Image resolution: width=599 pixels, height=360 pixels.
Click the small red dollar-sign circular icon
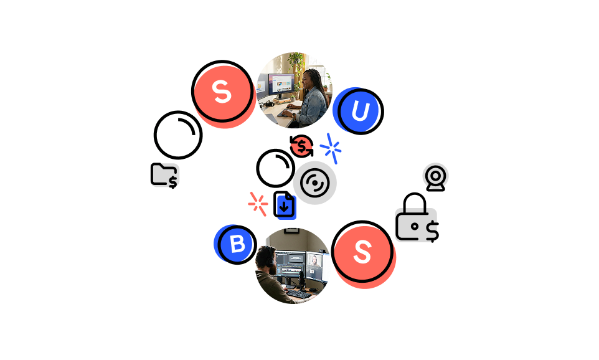[301, 146]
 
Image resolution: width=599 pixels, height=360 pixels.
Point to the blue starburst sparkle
[331, 149]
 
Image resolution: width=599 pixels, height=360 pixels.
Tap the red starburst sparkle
[258, 204]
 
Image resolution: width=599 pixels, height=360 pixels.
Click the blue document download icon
[286, 207]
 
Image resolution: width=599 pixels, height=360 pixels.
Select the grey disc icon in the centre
[315, 182]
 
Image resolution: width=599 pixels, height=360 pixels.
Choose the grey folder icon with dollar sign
[165, 176]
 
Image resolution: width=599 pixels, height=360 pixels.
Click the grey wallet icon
[415, 225]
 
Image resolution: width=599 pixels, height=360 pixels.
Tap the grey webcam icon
[435, 176]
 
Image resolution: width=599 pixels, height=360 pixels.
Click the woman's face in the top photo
[311, 80]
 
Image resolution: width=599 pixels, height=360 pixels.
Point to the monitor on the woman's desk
[280, 83]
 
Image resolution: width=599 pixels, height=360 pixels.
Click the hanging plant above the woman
[296, 61]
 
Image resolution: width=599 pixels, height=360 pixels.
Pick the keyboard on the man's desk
[298, 293]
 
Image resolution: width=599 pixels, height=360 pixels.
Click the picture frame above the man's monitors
[291, 231]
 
